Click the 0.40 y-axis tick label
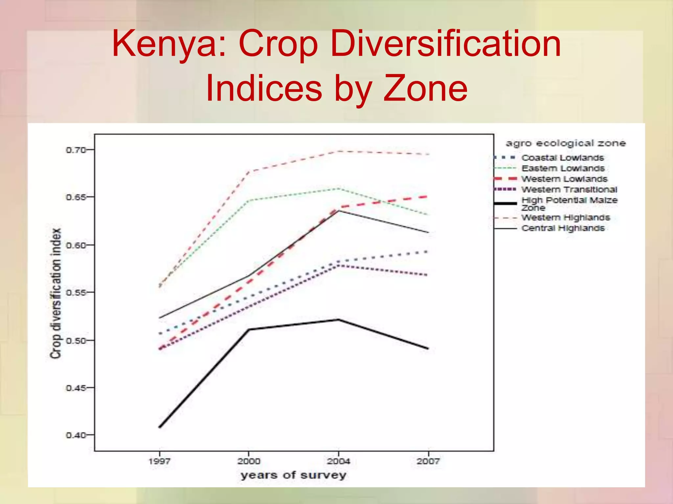76,435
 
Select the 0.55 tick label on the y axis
76,292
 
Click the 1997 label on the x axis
159,461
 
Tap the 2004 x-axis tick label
338,461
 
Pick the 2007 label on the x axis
428,461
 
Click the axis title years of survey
293,475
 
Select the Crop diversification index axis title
56,293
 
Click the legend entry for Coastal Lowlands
563,158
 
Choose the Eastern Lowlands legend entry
563,168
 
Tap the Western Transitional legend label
569,190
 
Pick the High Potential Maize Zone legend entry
569,203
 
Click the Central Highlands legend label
563,228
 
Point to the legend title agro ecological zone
566,143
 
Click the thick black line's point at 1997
160,427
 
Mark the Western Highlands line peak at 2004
338,151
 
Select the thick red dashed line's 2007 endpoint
427,197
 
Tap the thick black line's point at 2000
249,329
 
